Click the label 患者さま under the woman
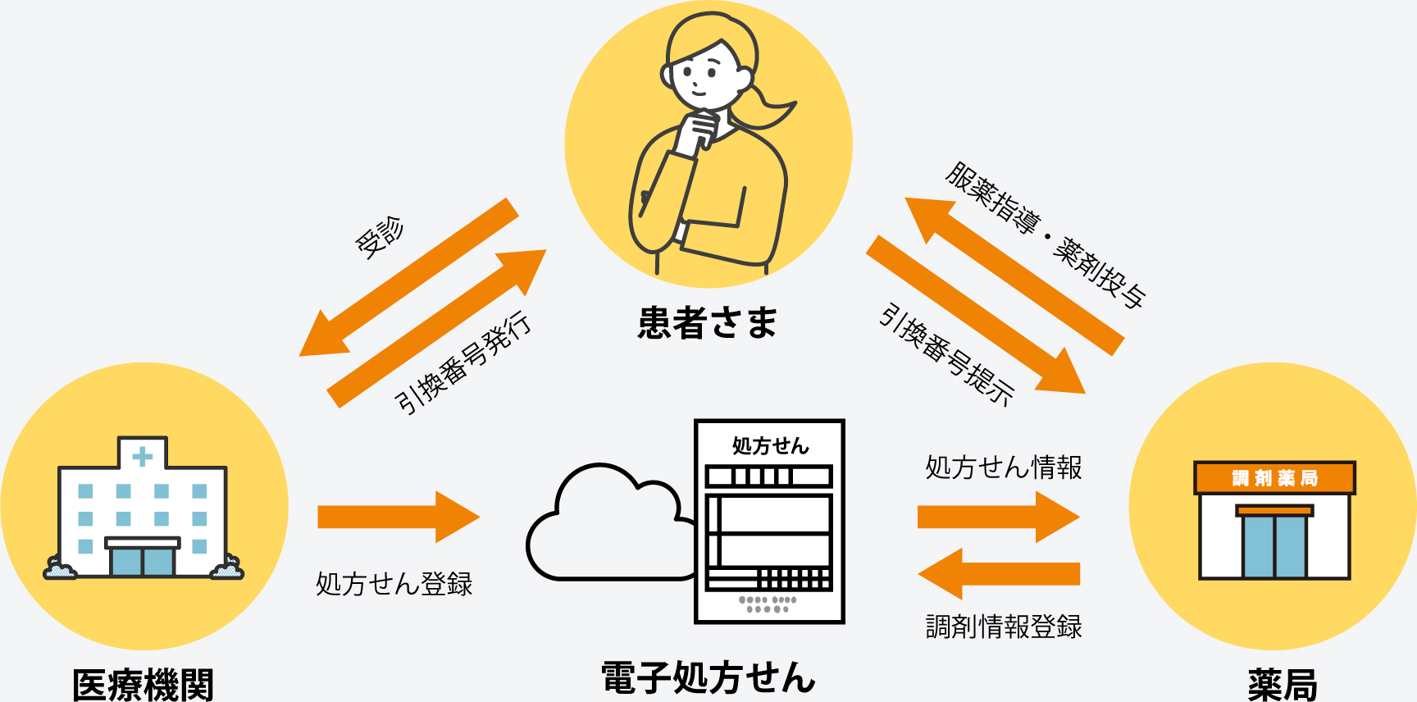(707, 322)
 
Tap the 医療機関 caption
(143, 684)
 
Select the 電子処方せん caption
(708, 678)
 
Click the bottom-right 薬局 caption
(1282, 684)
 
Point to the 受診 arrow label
(379, 237)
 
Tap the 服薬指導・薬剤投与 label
(1046, 235)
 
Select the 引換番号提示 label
(946, 354)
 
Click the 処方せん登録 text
(394, 584)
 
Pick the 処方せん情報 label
(1004, 467)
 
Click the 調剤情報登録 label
(1004, 627)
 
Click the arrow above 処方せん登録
(398, 517)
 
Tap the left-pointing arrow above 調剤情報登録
(999, 573)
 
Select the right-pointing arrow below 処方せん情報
(999, 517)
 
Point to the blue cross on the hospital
(143, 456)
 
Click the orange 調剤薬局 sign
(1274, 478)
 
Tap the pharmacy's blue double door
(1274, 546)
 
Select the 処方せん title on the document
(770, 446)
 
